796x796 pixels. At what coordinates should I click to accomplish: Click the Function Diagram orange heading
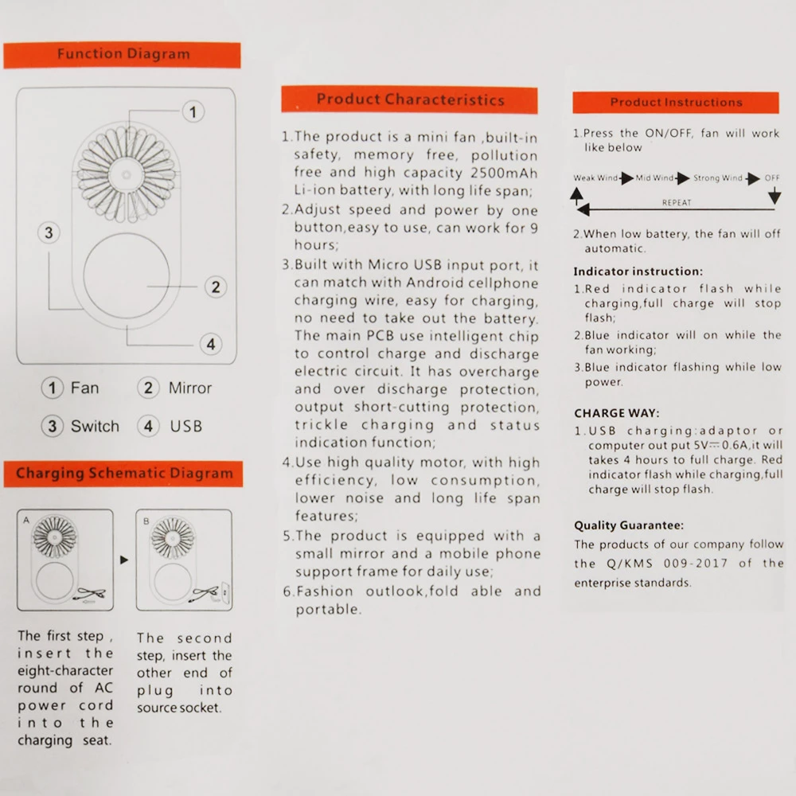[123, 55]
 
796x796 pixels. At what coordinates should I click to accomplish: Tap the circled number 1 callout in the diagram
[193, 112]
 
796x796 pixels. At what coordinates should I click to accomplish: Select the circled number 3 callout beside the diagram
[49, 232]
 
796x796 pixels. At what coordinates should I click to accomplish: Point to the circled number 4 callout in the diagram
[210, 345]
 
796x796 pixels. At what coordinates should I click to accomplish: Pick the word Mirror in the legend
[189, 388]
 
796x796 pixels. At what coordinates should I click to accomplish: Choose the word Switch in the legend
[95, 426]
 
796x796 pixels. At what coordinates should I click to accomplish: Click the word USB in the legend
[185, 426]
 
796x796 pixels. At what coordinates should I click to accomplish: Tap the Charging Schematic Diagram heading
[124, 474]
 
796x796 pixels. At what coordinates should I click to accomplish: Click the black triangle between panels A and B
[123, 560]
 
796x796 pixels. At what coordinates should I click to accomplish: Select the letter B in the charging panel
[146, 521]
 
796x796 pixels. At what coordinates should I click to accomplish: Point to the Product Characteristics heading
[410, 100]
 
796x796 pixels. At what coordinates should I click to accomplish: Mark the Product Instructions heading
[676, 103]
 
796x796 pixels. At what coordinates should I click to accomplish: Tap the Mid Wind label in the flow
[654, 178]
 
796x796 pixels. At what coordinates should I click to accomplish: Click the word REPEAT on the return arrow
[677, 203]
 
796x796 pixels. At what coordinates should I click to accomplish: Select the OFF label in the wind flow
[772, 178]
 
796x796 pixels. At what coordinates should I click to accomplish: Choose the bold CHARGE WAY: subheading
[616, 413]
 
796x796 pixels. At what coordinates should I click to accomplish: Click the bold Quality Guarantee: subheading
[629, 525]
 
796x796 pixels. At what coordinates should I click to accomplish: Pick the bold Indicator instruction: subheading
[638, 271]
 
